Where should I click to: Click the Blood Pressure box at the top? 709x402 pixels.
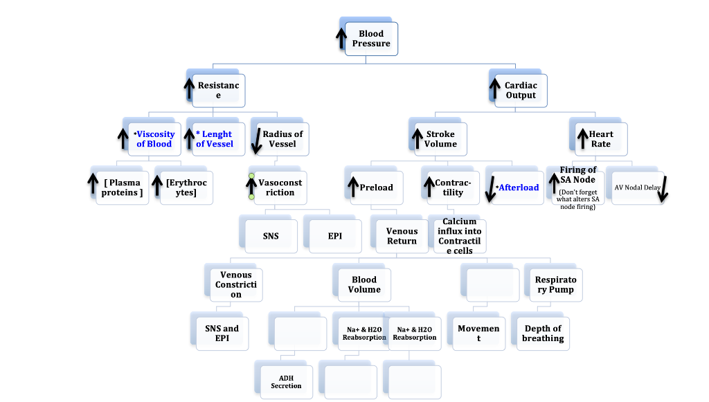point(371,39)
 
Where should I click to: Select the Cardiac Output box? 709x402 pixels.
point(521,91)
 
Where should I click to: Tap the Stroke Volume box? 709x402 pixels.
point(441,139)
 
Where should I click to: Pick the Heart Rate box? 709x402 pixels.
point(601,139)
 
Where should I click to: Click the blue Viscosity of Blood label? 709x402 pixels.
point(154,139)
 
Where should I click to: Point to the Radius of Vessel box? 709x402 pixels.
point(282,139)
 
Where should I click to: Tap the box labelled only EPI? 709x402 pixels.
point(335,236)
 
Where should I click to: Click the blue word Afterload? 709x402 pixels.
point(519,188)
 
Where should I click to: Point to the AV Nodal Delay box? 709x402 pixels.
point(637,188)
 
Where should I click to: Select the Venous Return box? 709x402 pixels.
point(402,236)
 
